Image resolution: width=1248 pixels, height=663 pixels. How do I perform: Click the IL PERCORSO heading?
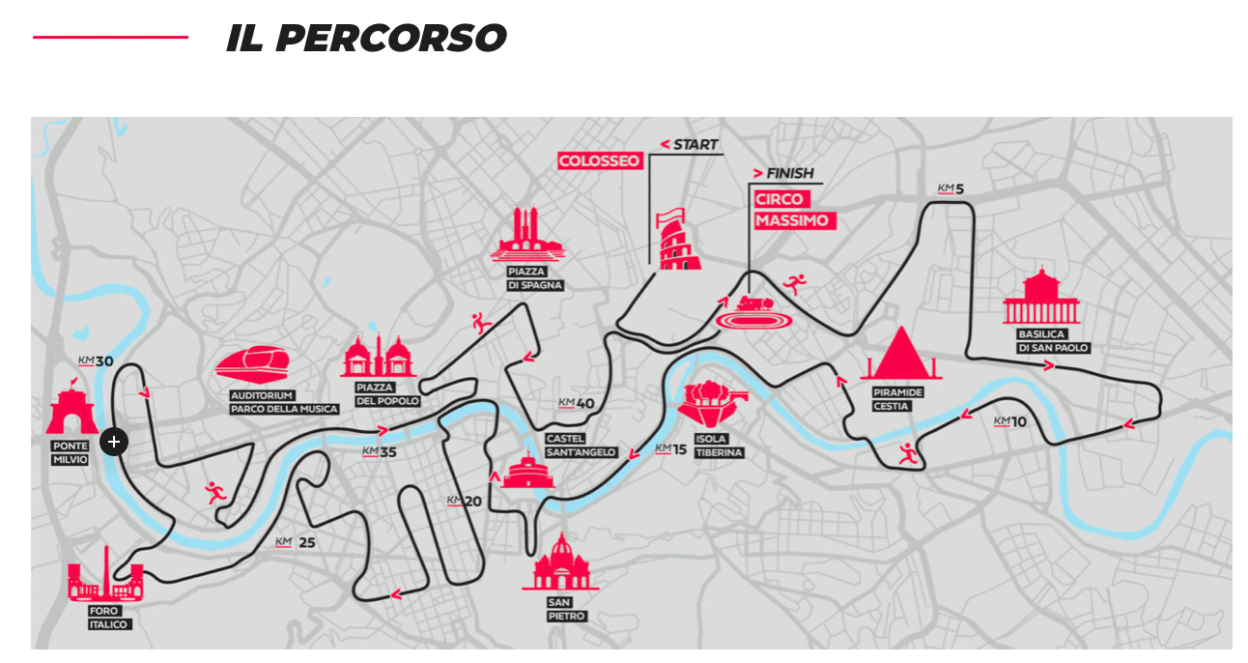(366, 39)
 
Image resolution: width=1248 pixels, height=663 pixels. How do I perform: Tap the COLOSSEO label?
(600, 160)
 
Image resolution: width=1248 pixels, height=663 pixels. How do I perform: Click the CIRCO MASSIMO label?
(792, 210)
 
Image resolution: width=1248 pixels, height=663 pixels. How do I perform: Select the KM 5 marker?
(951, 188)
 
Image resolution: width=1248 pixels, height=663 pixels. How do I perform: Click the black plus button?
(114, 442)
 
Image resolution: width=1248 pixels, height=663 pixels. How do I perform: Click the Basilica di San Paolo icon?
(1041, 299)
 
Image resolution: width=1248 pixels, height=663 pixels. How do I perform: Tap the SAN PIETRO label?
(560, 609)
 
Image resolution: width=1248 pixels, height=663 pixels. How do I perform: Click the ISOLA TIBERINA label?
(711, 446)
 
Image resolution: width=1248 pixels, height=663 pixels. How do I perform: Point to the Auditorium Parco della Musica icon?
(253, 363)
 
